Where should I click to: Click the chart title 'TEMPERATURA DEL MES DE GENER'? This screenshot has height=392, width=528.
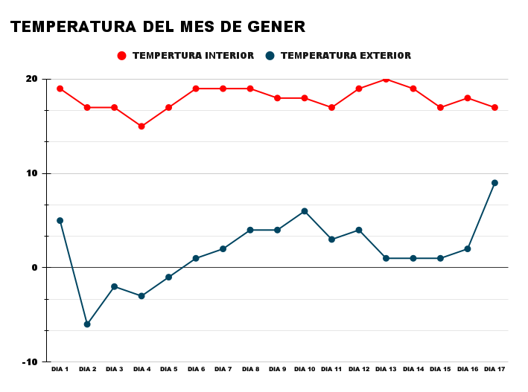point(158,27)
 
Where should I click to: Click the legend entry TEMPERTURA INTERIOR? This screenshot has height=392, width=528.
point(193,56)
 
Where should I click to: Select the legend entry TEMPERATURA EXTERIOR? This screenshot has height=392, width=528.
point(346,56)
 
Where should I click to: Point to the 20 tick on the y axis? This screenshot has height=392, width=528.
point(31,79)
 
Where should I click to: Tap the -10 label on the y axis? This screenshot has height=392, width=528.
point(29,362)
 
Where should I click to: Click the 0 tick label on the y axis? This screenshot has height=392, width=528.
point(34,268)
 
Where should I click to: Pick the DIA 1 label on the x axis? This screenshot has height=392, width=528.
point(60,369)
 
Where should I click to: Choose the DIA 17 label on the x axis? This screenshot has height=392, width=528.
point(494,369)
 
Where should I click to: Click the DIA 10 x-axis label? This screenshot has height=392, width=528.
point(305,369)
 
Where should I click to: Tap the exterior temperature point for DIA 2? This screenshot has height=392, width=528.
point(87,324)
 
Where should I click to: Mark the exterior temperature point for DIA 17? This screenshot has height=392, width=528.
point(494,183)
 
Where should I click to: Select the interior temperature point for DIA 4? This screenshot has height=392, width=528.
point(141,126)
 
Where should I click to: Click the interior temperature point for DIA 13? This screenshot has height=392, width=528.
point(386,79)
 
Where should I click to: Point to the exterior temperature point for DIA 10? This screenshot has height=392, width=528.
point(305,211)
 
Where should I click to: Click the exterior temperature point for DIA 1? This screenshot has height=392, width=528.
point(60,220)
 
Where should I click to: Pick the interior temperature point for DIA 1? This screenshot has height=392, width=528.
point(60,89)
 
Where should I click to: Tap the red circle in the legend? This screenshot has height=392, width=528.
point(122,56)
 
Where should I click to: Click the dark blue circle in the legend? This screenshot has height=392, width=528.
point(271,56)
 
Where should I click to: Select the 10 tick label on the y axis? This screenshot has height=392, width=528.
point(31,173)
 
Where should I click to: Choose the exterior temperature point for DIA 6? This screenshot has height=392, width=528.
point(196,258)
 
